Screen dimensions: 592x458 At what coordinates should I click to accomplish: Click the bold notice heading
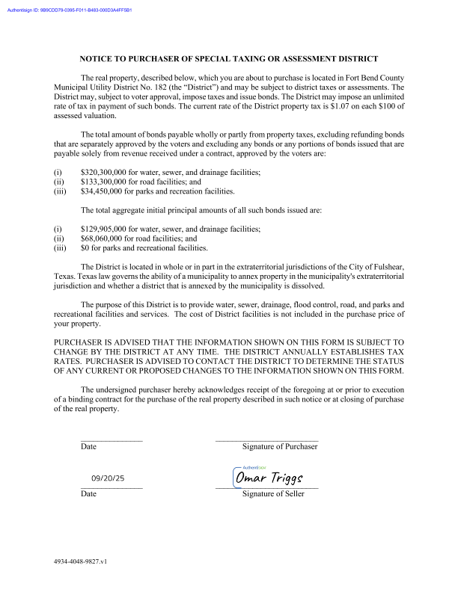(x=228, y=58)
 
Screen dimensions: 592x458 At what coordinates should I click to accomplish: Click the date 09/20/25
(x=108, y=478)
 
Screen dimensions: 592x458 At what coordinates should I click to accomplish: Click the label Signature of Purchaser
(x=280, y=446)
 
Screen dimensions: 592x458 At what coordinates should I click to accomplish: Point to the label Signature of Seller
(x=273, y=494)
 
